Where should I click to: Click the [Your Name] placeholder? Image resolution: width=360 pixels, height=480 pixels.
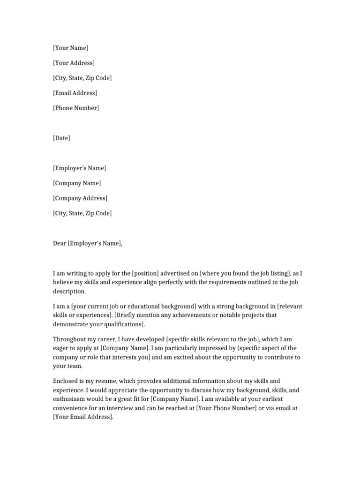[x=70, y=48]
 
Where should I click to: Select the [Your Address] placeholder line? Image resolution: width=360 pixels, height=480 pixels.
[x=74, y=63]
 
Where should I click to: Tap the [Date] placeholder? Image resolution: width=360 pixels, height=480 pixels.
[x=61, y=138]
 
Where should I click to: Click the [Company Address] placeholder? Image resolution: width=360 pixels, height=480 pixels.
[x=80, y=198]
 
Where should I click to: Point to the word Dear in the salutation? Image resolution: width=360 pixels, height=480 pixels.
[x=60, y=243]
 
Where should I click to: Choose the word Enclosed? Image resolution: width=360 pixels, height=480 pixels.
[x=66, y=381]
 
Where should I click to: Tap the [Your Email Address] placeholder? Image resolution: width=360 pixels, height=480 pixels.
[x=83, y=417]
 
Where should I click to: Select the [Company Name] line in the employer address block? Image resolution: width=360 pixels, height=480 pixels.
[x=77, y=183]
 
